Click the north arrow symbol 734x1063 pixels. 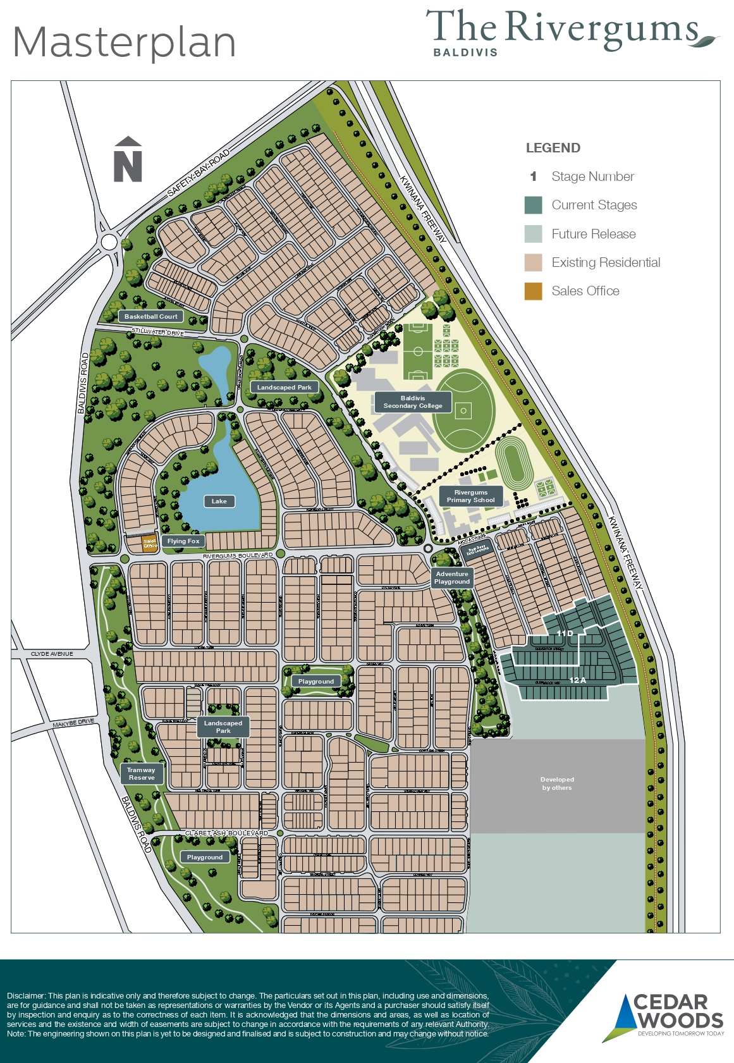(x=128, y=159)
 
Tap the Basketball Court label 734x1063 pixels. (x=150, y=316)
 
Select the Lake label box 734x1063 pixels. (x=219, y=501)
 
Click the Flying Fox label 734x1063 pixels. (x=183, y=541)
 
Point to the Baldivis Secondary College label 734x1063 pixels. (x=413, y=402)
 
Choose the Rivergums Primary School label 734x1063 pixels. (x=471, y=496)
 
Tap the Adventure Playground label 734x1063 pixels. (x=452, y=578)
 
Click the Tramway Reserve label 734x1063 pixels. (x=141, y=774)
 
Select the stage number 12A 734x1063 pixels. (x=578, y=680)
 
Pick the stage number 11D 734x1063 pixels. (x=565, y=633)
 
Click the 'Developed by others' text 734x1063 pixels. (x=557, y=783)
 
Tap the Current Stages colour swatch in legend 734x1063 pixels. (x=533, y=205)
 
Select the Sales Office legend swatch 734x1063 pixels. (x=533, y=291)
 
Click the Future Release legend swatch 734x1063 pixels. (x=533, y=234)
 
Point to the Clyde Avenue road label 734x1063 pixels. (x=52, y=654)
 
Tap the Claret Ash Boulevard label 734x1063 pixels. (x=226, y=833)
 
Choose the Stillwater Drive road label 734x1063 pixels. (x=157, y=332)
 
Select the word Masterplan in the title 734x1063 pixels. (x=125, y=42)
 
